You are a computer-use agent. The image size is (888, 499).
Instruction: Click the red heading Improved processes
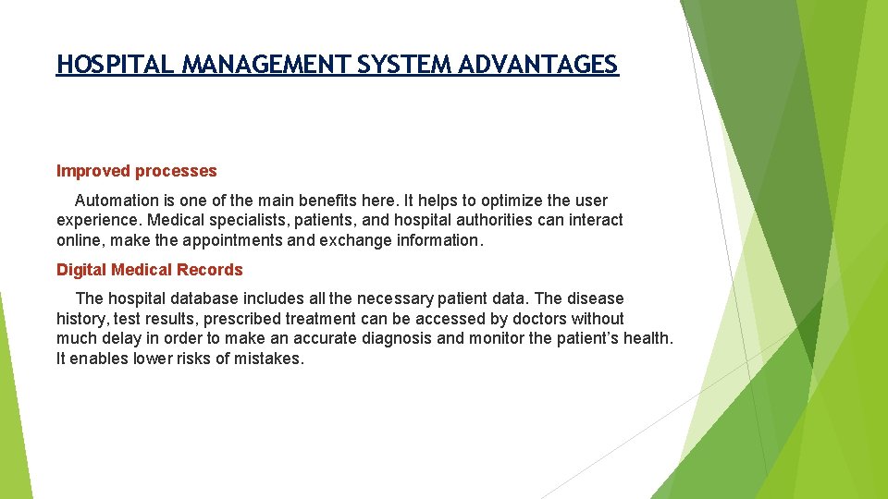coord(137,171)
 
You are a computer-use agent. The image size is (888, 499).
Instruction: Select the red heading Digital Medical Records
coord(150,270)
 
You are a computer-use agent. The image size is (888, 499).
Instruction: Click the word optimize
coord(511,201)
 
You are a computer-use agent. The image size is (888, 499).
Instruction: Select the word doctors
coord(540,319)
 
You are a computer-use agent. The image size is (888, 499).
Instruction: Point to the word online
coord(79,240)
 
